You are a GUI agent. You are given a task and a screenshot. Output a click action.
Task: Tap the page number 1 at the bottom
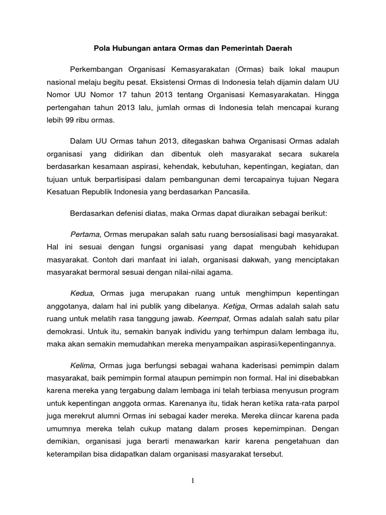coord(192,481)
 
